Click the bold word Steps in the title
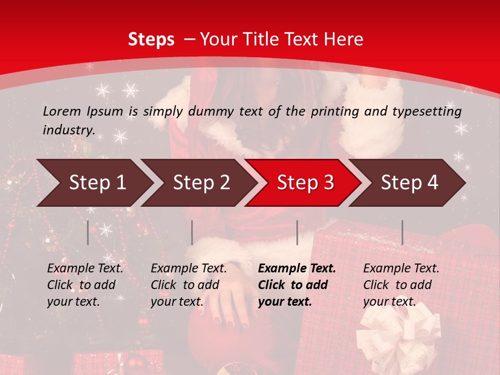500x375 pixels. (x=151, y=40)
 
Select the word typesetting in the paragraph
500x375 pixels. (x=424, y=111)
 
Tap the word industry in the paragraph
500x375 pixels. (x=68, y=130)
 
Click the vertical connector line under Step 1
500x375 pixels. (x=88, y=232)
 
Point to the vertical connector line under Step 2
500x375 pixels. (x=192, y=232)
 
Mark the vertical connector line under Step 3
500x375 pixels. (x=297, y=232)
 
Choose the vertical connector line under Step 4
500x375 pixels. (x=402, y=232)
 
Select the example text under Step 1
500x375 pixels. (x=85, y=285)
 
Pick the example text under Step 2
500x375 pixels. (x=189, y=285)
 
